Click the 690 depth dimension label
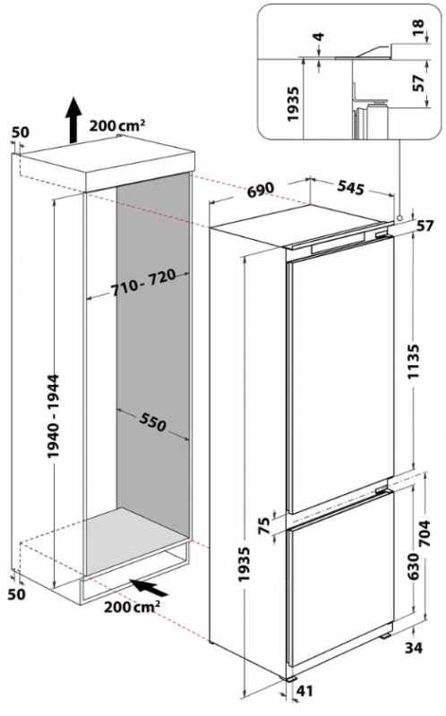coord(261,190)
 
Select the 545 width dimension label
coord(350,188)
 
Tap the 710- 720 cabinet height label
coord(143,282)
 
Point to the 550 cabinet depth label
coord(152,422)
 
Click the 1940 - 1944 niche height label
coord(53,416)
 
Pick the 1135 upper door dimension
coord(413,362)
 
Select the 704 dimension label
coord(425,533)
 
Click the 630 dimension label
coord(413,567)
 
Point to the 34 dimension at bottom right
coord(414,647)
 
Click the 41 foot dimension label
coord(304,691)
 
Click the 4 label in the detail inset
coord(320,37)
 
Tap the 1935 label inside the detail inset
coord(293,104)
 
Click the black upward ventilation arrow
coord(73,120)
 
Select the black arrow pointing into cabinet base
coord(149,587)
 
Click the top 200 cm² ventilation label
coord(117,125)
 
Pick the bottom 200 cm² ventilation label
coord(132,607)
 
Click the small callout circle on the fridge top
coord(399,218)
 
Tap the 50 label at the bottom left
coord(16,594)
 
